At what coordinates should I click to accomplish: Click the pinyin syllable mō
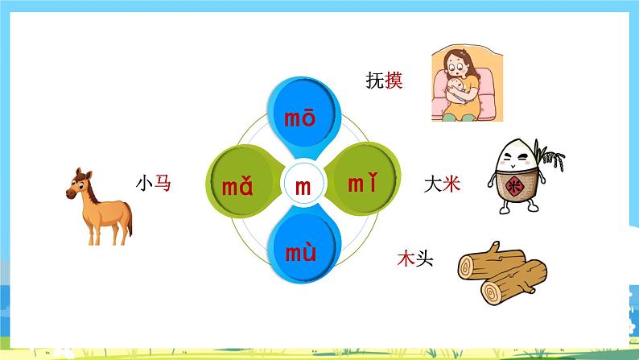tap(300, 120)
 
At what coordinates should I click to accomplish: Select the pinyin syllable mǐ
tap(361, 184)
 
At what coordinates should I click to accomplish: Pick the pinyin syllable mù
tap(300, 254)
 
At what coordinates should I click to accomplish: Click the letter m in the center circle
tap(303, 187)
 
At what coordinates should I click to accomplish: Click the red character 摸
tap(394, 80)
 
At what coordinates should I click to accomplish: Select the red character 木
tap(405, 259)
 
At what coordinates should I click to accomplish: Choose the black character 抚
tap(375, 80)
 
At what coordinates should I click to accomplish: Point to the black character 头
tap(423, 259)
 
